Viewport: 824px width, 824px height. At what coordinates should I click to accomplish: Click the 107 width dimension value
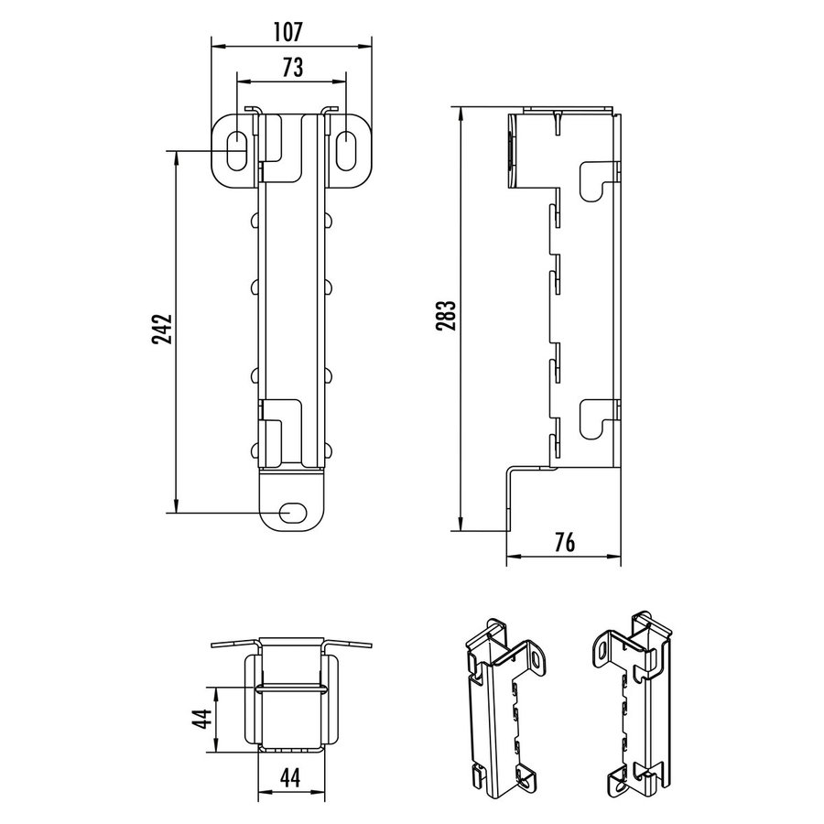point(287,31)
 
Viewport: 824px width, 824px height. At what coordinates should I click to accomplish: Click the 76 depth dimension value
point(564,542)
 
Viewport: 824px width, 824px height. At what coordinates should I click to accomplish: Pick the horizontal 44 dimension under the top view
point(288,778)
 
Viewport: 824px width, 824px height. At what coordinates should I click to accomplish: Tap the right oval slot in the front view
point(349,149)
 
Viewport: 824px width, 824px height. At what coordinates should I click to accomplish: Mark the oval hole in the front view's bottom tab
point(293,511)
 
